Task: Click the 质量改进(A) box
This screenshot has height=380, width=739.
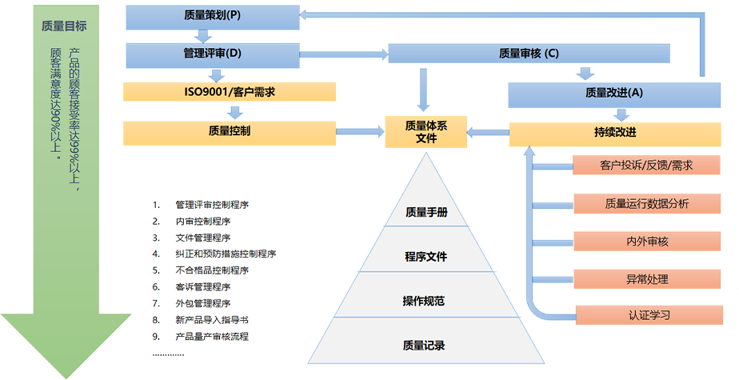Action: (613, 93)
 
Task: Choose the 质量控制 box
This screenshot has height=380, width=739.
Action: (228, 131)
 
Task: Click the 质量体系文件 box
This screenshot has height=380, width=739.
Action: (425, 131)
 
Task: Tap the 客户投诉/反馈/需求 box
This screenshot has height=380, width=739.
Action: (646, 166)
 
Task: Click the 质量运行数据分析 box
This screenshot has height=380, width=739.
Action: (646, 204)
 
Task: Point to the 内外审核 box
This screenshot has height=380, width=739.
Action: (646, 242)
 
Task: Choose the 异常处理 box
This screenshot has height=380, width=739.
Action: (646, 279)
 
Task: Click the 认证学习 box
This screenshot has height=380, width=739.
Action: (646, 315)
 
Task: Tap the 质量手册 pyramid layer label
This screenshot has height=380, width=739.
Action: (425, 213)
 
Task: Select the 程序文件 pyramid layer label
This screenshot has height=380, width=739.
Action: (425, 257)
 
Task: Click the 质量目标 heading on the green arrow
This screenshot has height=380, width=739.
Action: (64, 26)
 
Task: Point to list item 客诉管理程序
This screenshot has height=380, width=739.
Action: (202, 286)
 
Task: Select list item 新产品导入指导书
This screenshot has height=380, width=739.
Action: (211, 320)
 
